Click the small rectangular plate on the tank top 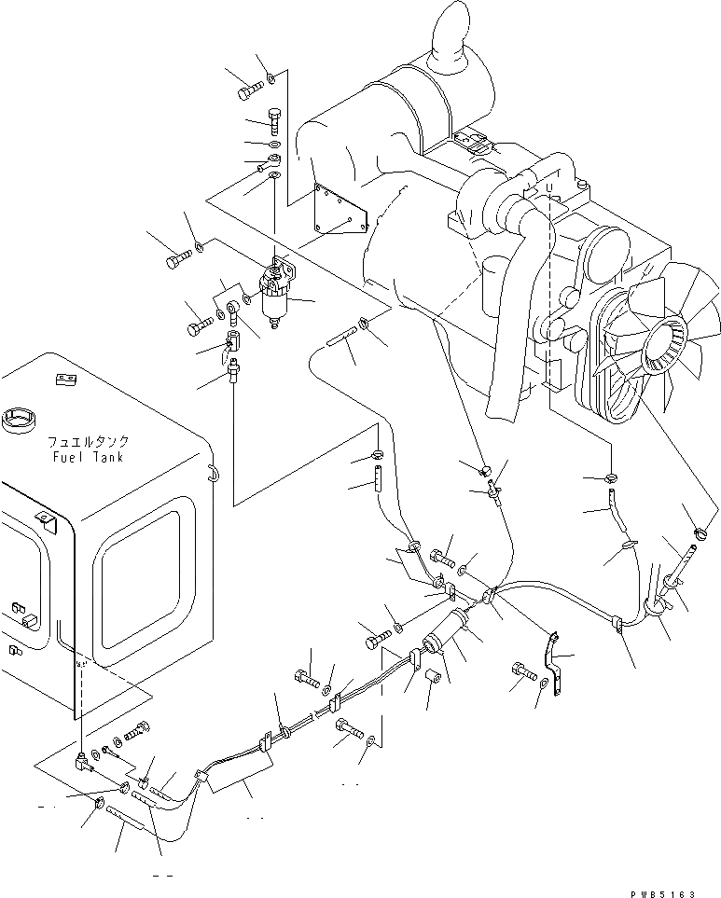(x=64, y=380)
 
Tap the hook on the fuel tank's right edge (x=213, y=474)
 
